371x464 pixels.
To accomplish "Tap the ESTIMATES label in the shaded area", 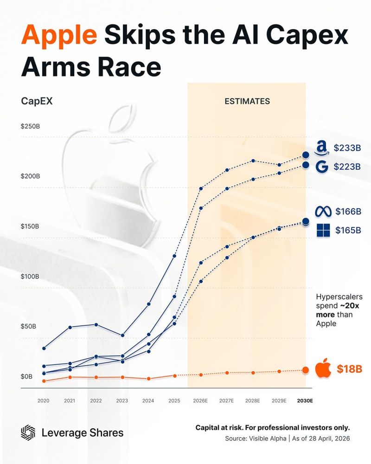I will tap(247, 101).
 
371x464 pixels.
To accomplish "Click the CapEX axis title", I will tap(37, 101).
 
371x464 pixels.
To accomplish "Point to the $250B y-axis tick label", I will tap(30, 126).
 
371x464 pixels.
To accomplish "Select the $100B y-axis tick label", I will tap(30, 277).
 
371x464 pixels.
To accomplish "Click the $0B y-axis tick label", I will tap(27, 376).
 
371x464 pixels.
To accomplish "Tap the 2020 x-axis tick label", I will tap(44, 400).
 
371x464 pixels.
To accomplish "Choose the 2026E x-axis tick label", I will tap(200, 400).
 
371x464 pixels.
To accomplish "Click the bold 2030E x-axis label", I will tap(305, 400).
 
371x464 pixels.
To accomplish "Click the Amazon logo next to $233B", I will tap(321, 148).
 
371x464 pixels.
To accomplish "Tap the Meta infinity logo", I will tap(325, 212).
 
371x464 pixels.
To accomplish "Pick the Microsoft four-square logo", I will tap(322, 230).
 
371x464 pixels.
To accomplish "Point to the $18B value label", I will tap(349, 369).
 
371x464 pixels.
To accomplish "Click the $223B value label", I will tap(347, 167).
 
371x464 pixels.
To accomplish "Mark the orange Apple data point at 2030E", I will tap(306, 370).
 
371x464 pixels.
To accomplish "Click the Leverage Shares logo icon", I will tap(28, 433).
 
